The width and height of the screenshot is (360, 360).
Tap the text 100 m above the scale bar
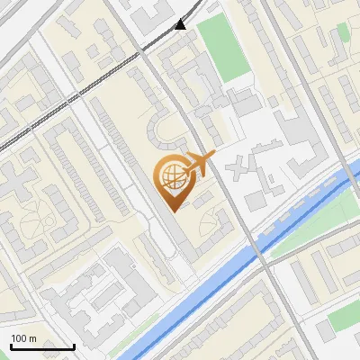tap(23, 338)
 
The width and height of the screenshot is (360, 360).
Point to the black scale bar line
tap(42, 346)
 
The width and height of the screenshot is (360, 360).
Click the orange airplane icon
tap(198, 165)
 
